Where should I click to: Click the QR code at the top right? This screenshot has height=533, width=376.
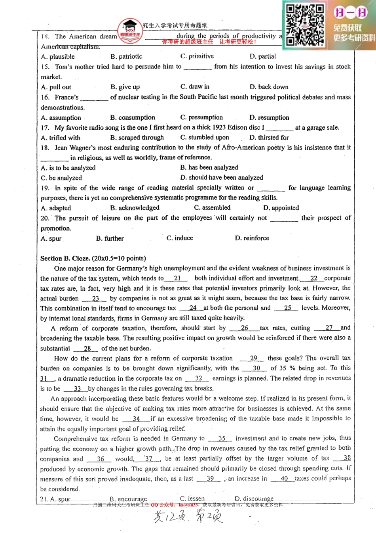click(x=305, y=25)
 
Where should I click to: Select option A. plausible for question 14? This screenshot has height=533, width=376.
click(x=58, y=57)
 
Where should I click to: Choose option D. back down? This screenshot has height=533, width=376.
click(x=269, y=87)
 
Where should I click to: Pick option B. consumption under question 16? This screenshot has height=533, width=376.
click(x=133, y=117)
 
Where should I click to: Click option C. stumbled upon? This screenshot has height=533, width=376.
click(x=205, y=137)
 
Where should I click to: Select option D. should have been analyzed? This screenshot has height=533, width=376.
click(x=222, y=178)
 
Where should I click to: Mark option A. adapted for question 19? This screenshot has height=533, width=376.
click(x=56, y=208)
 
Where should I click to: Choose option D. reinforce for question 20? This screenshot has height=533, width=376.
click(x=252, y=238)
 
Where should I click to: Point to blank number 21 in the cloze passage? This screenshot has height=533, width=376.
click(x=177, y=278)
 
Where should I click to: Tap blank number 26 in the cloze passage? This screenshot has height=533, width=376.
click(x=244, y=328)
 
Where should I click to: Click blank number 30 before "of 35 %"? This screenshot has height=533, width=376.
click(x=256, y=368)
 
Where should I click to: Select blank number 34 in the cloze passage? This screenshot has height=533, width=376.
click(x=136, y=418)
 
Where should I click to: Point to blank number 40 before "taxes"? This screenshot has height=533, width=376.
click(x=284, y=478)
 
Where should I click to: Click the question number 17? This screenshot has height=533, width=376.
click(x=45, y=128)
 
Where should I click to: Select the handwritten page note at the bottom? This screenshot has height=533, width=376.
click(x=188, y=517)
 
